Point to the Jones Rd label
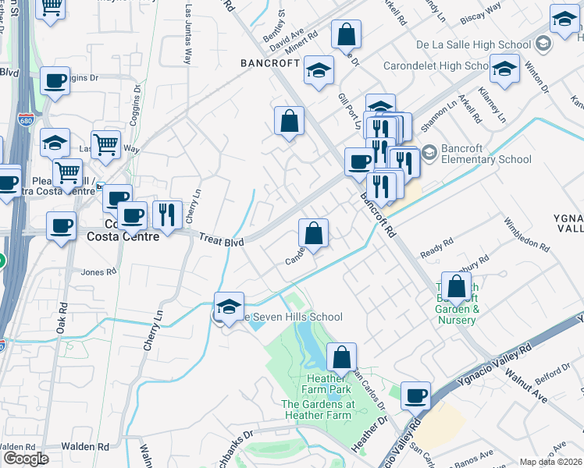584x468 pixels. click(98, 272)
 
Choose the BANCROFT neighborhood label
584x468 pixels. click(270, 62)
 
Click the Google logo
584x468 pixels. click(26, 459)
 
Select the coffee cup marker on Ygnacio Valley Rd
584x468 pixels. click(416, 395)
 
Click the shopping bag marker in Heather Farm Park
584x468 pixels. click(341, 357)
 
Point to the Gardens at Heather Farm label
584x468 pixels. click(318, 409)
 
